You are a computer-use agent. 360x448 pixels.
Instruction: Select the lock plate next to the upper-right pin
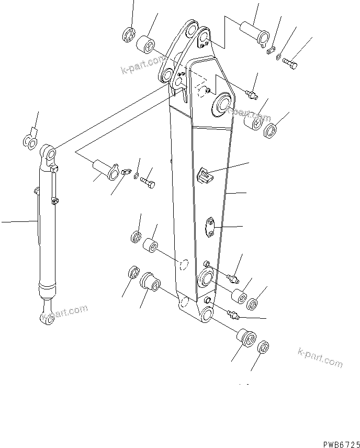coord(270,51)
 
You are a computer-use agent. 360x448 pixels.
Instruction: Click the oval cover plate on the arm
coord(210,227)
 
